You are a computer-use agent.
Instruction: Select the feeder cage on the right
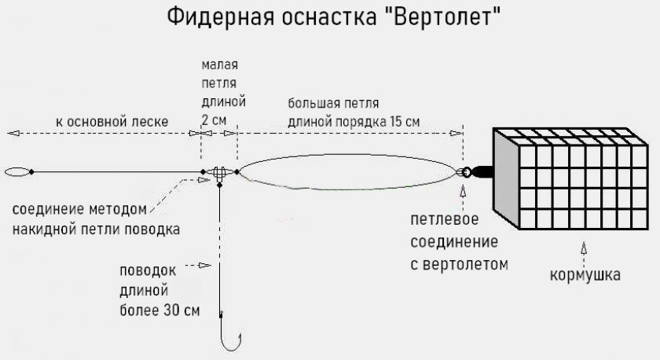570,179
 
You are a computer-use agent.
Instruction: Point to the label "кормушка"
585,275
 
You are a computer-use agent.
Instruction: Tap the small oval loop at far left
17,172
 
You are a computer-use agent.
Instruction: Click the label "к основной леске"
112,122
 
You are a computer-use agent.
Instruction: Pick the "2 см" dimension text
214,120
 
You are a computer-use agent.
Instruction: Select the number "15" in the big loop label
397,121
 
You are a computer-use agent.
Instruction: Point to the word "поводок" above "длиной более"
148,270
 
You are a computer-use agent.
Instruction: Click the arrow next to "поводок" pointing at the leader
198,265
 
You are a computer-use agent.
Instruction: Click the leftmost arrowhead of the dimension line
13,133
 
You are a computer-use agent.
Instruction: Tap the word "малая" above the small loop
220,64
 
